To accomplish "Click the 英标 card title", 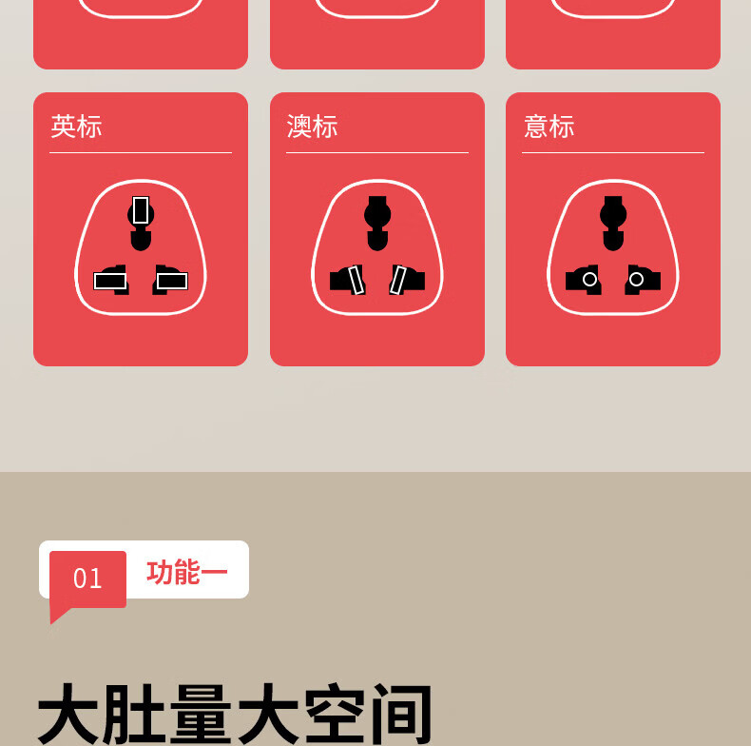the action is (x=76, y=127).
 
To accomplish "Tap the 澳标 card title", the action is (x=312, y=127).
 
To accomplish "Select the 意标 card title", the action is (x=549, y=127).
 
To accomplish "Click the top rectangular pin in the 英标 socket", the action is (x=141, y=210).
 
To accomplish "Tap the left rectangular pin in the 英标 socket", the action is (x=110, y=281).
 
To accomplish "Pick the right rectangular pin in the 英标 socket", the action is (x=172, y=281).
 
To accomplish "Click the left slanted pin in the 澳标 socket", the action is (x=356, y=280).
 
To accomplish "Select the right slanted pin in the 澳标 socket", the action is (x=398, y=280).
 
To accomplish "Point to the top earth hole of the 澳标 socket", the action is (x=377, y=223).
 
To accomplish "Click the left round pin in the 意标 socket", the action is (x=590, y=279).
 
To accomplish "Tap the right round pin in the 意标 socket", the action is (x=636, y=279).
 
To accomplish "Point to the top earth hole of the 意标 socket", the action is (x=613, y=223).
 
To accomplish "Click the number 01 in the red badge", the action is (x=87, y=579).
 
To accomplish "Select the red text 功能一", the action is (x=186, y=572).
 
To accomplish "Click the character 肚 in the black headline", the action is (x=134, y=714).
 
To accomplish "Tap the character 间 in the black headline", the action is (x=402, y=714).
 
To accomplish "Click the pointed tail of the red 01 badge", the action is (x=51, y=623).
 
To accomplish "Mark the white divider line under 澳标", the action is (x=377, y=153).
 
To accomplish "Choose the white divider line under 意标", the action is (x=613, y=153).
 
